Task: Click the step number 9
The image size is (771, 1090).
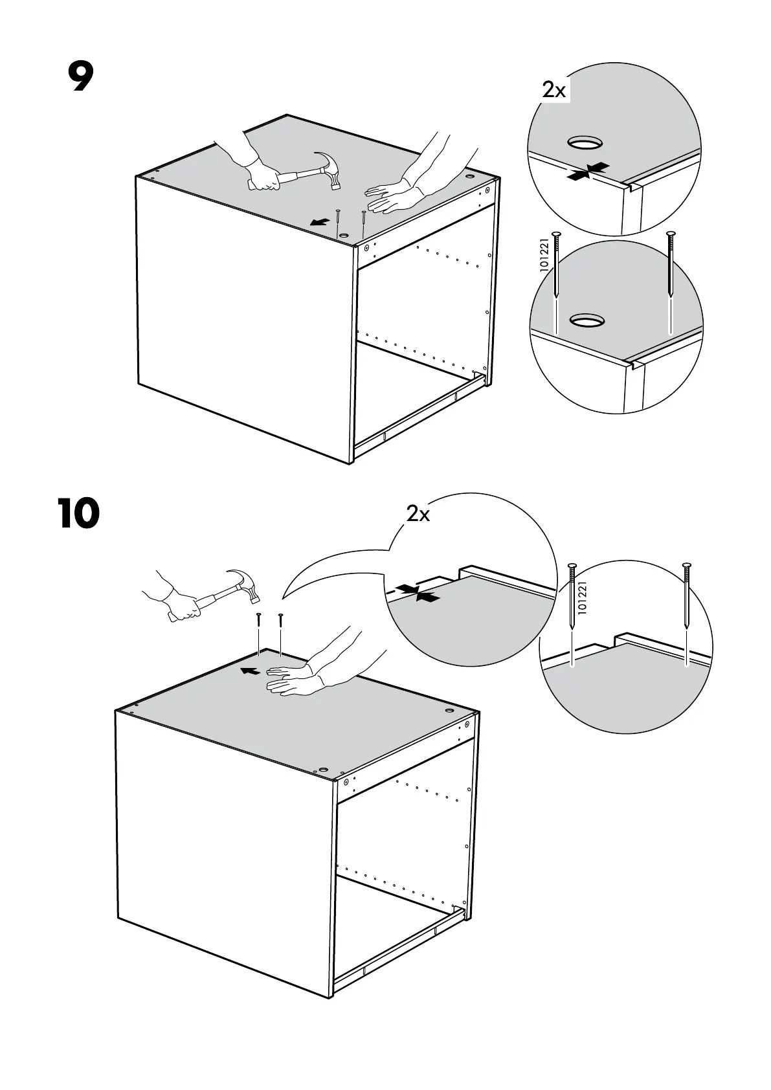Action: coord(80,78)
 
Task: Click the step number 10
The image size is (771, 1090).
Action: coord(78,513)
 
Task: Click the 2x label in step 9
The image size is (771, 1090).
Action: coord(553,91)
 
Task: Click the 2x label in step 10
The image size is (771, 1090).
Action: coord(418,514)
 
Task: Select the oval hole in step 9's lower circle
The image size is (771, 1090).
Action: coord(587,318)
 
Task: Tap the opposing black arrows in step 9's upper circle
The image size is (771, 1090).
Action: coord(587,171)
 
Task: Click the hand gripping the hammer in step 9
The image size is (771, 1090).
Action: coord(265,176)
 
